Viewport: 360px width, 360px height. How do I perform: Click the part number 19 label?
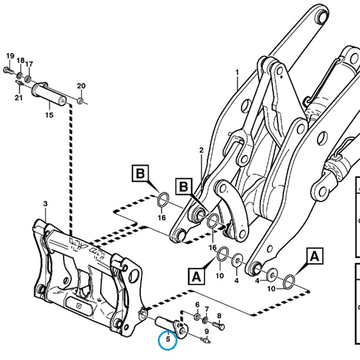click(10, 56)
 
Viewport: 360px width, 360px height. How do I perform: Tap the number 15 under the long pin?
click(49, 115)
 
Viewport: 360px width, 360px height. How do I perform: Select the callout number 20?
click(81, 86)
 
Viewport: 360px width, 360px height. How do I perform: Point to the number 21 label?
click(19, 97)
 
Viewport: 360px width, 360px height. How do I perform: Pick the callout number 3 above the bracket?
click(45, 204)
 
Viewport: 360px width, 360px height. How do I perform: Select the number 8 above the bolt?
click(219, 316)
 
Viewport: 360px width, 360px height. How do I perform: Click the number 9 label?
click(206, 331)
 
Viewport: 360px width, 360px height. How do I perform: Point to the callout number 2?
click(201, 150)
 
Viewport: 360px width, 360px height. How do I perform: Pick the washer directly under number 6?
click(197, 316)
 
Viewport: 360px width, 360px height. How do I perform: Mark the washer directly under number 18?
click(19, 75)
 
